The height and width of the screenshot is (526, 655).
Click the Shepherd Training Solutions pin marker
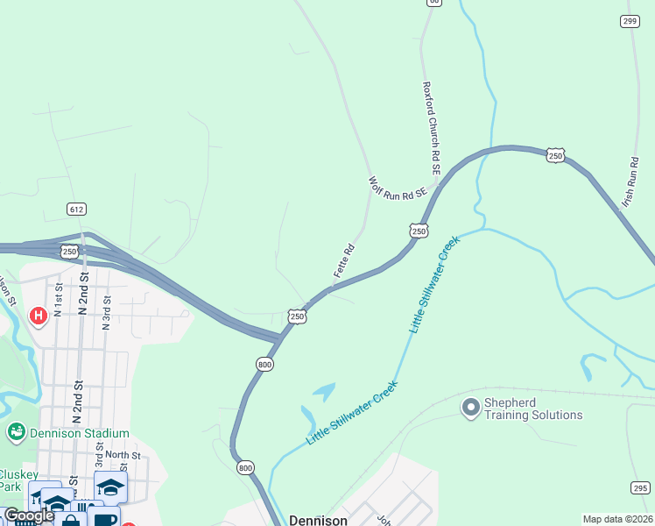coord(470,407)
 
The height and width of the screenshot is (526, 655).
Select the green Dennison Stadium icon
coord(16,432)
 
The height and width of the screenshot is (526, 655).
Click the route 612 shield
coord(76,209)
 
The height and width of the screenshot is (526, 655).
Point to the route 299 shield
coord(629,21)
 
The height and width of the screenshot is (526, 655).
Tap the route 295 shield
coord(640,488)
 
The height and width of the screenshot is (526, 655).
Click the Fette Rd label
coord(344,260)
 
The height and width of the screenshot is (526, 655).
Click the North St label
coord(123,455)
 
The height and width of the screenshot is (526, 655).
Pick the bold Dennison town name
coord(318,519)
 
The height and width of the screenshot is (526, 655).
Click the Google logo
coord(29,515)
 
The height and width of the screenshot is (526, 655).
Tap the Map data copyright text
coord(618,519)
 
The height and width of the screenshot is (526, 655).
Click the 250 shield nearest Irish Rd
coord(555,155)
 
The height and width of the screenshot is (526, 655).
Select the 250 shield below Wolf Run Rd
coord(419,230)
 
